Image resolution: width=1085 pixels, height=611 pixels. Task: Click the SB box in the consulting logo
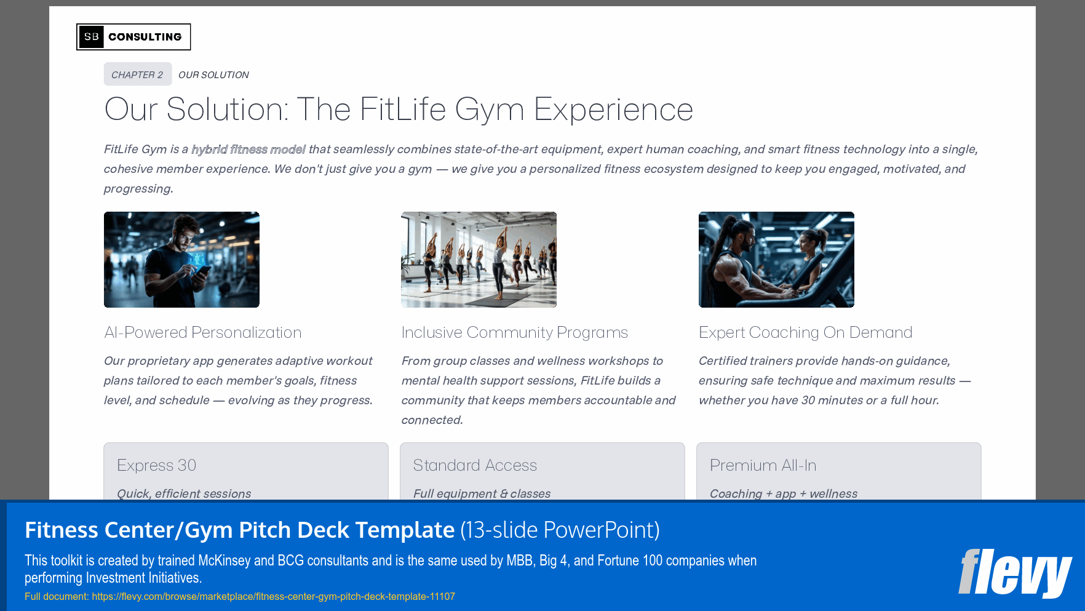click(x=92, y=37)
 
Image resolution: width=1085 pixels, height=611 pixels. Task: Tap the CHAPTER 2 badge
click(x=137, y=74)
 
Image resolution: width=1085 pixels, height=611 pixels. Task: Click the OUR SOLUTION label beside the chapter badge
click(x=213, y=75)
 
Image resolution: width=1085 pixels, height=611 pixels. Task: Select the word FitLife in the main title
click(x=403, y=110)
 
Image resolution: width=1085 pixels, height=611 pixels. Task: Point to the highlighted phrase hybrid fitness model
click(x=248, y=150)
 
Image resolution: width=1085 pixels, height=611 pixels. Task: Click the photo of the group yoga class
click(x=479, y=260)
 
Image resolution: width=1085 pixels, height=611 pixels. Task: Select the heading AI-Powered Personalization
click(x=203, y=332)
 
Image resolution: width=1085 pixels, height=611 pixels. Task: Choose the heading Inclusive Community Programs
click(x=514, y=332)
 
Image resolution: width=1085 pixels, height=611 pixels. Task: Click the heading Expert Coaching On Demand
click(x=805, y=332)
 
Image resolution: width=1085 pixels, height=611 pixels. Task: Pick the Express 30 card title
click(x=156, y=465)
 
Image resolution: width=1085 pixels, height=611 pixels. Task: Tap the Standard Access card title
click(x=475, y=465)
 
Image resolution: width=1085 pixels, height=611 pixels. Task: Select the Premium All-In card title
click(x=763, y=465)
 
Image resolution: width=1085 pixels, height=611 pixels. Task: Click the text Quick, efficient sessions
click(x=184, y=493)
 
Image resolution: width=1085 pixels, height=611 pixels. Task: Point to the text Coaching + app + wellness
click(x=783, y=493)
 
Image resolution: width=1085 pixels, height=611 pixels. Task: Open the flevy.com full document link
click(x=273, y=596)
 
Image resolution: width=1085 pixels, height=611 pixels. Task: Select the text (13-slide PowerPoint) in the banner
click(x=560, y=530)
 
